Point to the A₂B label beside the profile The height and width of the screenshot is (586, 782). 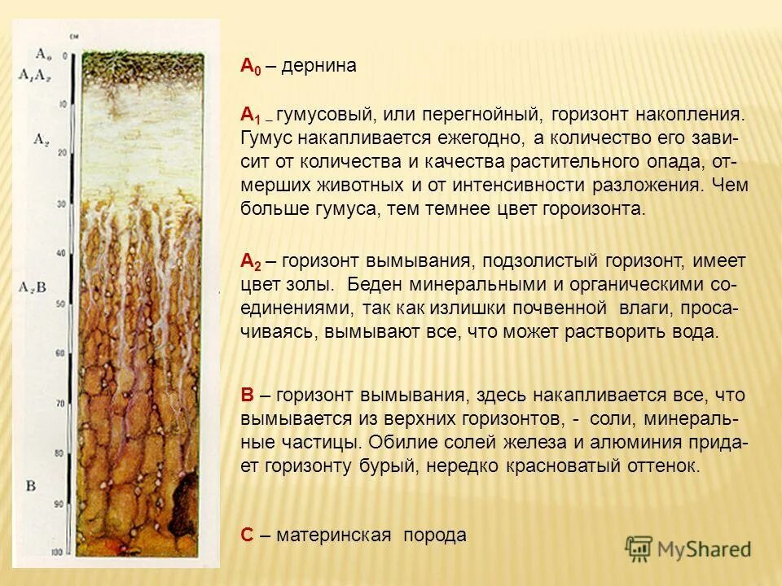coord(33,286)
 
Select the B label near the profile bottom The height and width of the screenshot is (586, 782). coord(31,487)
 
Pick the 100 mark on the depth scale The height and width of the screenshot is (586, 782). coord(56,553)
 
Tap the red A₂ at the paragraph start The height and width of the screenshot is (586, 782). coord(250,261)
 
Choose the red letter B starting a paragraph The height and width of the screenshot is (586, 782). coord(248,395)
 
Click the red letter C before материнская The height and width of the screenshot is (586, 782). coord(248,535)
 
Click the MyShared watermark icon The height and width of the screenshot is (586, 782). coord(639,549)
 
